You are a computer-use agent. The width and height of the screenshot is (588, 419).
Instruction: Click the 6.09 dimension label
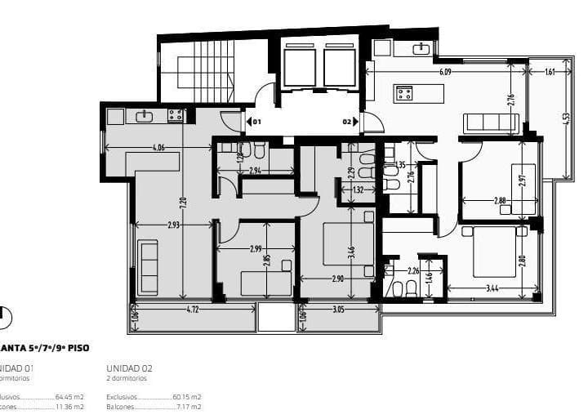(444, 73)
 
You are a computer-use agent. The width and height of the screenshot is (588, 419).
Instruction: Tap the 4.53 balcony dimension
(565, 117)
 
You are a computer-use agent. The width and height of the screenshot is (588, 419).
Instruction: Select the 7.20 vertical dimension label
(184, 200)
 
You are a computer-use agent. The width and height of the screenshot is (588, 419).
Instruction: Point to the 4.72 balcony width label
(193, 310)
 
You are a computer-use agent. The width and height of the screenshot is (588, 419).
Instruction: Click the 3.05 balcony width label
(338, 310)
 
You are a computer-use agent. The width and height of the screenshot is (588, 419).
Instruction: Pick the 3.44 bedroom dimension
(492, 288)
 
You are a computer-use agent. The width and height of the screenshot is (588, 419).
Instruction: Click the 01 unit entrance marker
(254, 122)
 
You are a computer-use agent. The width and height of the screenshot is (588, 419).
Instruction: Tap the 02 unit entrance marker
(348, 122)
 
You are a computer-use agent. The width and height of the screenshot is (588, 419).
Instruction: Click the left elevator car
(299, 67)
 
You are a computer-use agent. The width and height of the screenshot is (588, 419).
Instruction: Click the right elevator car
(339, 67)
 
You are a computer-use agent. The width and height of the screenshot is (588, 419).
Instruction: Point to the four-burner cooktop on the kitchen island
(407, 93)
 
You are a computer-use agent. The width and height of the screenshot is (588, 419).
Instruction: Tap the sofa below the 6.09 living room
(489, 123)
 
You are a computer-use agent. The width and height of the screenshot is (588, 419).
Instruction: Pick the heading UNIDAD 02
(129, 368)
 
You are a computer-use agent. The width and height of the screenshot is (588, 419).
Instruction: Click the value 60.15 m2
(186, 396)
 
